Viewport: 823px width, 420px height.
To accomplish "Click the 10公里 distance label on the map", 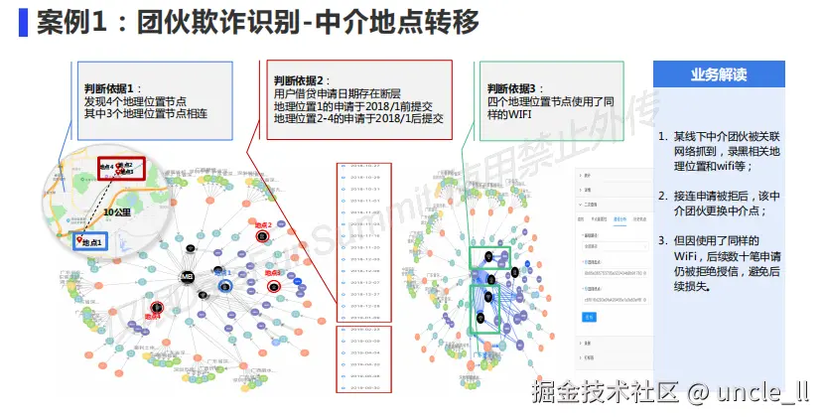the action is [x=117, y=211].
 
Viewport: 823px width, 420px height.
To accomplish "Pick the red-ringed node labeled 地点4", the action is [x=156, y=308].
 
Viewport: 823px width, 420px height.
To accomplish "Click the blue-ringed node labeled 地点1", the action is [x=226, y=286].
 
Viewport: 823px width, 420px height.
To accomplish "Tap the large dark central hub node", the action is [x=186, y=275].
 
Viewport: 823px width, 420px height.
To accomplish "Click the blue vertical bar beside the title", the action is [x=22, y=21].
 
